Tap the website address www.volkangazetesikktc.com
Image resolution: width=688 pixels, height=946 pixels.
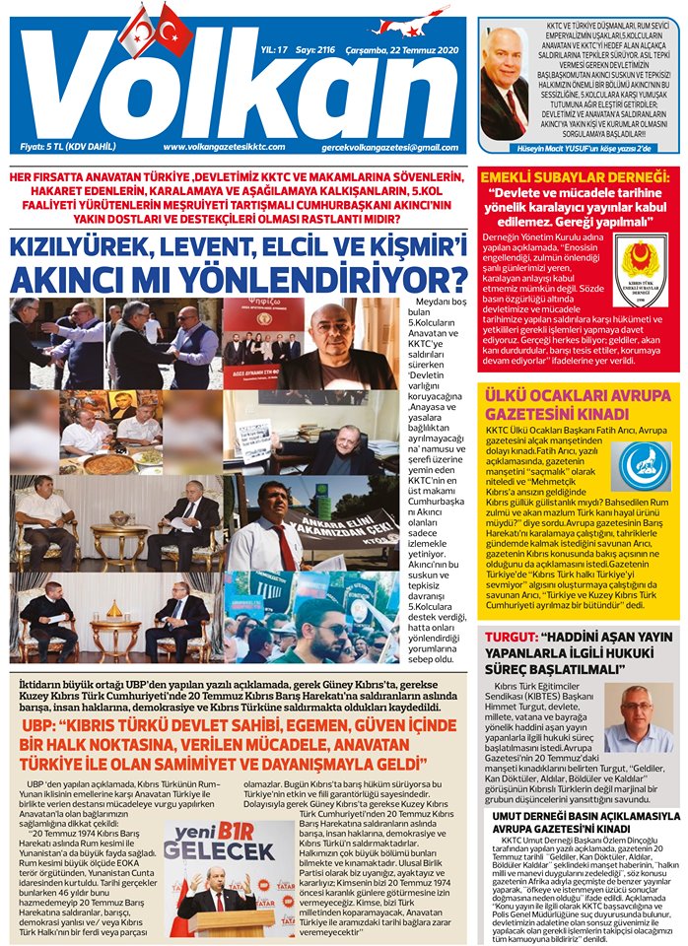pos(224,147)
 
